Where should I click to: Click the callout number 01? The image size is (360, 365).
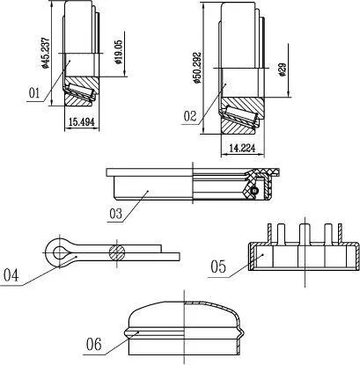click(34, 93)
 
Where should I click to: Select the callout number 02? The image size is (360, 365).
click(190, 116)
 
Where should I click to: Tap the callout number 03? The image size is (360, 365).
click(115, 214)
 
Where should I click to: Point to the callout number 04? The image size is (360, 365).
click(11, 275)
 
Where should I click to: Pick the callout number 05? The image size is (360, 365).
click(218, 267)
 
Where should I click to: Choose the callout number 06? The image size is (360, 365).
click(94, 344)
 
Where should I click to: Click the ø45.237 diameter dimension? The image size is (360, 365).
click(45, 53)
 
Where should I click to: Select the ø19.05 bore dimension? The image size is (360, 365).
click(119, 53)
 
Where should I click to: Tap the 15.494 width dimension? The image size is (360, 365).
click(82, 122)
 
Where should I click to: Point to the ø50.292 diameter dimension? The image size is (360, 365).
click(197, 68)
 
